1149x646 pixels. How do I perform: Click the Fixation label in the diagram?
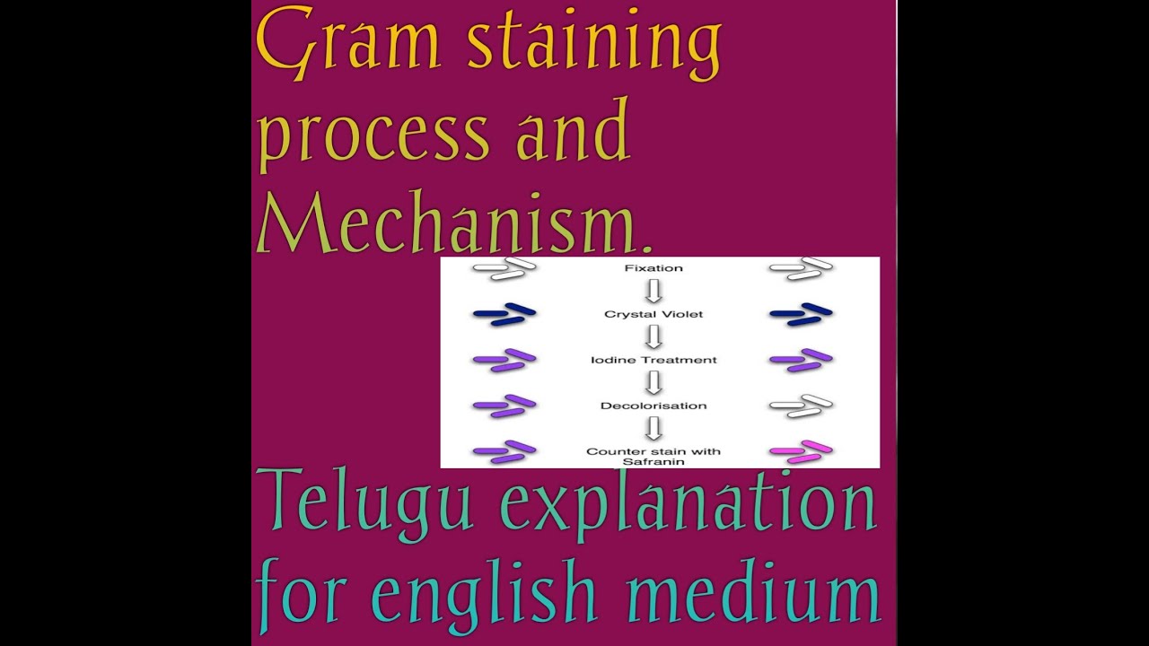tap(653, 267)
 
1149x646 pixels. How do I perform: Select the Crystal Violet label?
tap(653, 314)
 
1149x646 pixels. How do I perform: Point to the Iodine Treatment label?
tap(653, 360)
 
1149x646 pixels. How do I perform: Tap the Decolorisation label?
tap(653, 406)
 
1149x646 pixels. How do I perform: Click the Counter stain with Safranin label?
tap(653, 457)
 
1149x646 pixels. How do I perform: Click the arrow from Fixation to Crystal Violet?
tap(653, 291)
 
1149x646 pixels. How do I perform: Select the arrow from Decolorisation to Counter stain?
tap(653, 429)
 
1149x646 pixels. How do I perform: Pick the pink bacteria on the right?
tap(801, 451)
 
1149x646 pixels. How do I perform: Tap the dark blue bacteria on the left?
tap(504, 313)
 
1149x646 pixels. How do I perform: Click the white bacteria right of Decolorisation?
tap(801, 406)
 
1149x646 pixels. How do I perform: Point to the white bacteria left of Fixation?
tap(504, 267)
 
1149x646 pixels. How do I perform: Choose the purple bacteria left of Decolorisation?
tap(504, 406)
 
